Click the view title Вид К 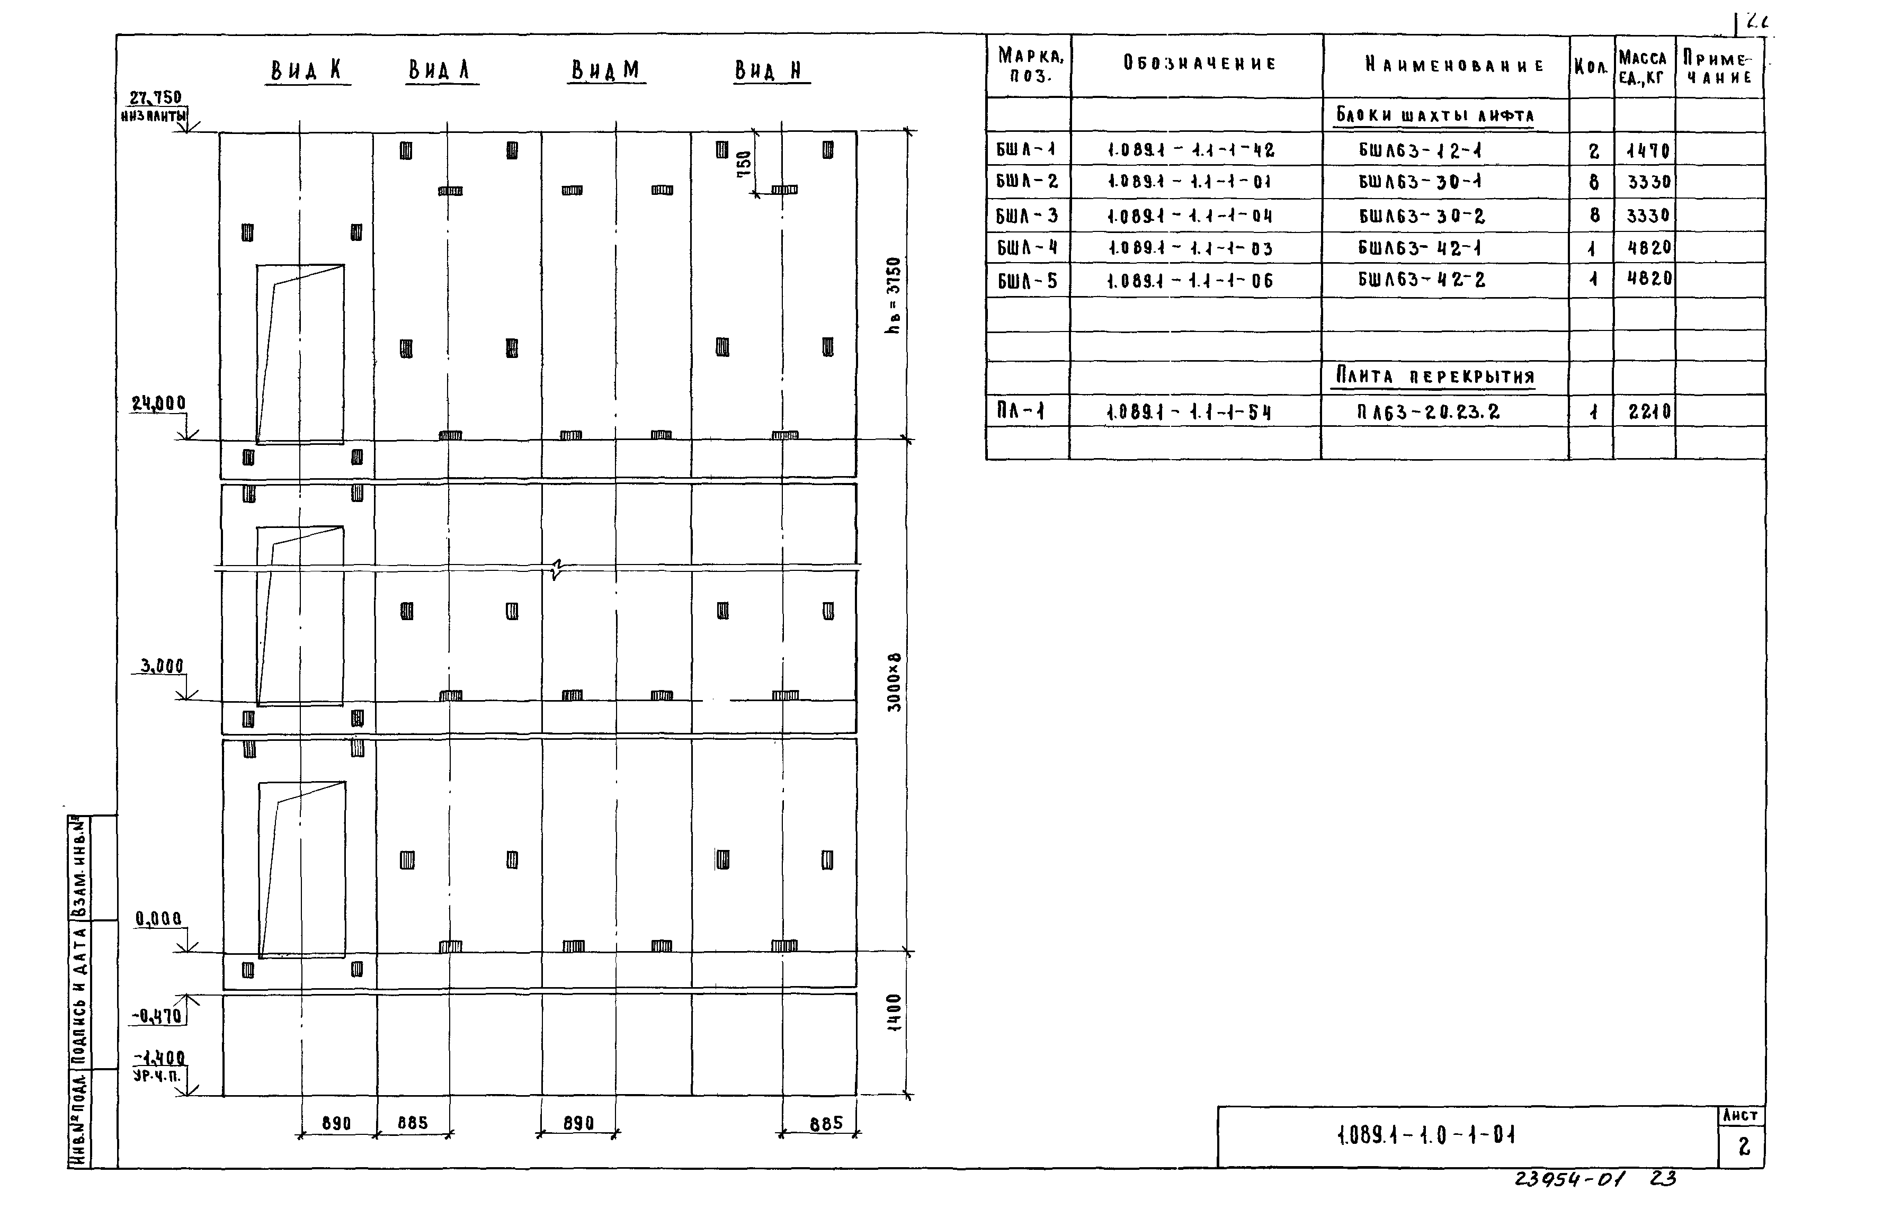[x=307, y=70]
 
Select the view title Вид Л [x=441, y=70]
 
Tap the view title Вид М [x=606, y=71]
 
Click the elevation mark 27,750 [x=155, y=97]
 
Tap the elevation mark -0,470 [x=157, y=1015]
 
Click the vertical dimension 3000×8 [x=894, y=682]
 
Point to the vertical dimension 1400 [x=894, y=1013]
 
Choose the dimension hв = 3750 [x=893, y=294]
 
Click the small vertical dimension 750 [x=744, y=164]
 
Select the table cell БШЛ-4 [x=1027, y=248]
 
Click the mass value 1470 [x=1647, y=150]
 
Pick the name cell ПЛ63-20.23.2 [x=1428, y=411]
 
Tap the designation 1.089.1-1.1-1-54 [x=1189, y=411]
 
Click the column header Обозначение [x=1199, y=64]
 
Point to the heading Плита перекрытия [x=1435, y=376]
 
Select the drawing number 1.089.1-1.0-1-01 [x=1426, y=1136]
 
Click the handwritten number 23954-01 [x=1569, y=1179]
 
